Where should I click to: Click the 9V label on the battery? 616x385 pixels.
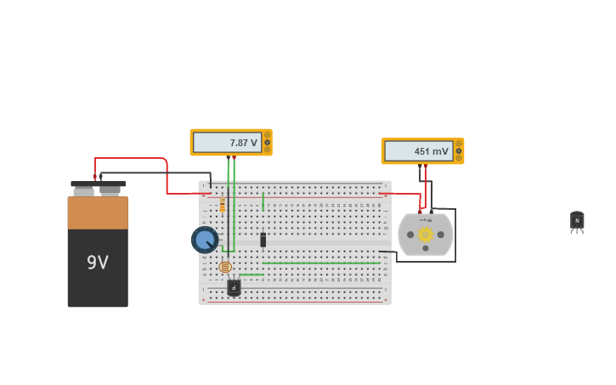[98, 263]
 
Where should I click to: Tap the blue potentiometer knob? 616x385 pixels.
[205, 240]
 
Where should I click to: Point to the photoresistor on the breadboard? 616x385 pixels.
[225, 267]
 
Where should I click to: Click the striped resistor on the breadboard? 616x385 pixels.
[223, 205]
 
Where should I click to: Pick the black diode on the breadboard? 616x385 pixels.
[263, 241]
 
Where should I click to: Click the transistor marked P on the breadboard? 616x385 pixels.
[234, 288]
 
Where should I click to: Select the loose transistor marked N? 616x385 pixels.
[577, 221]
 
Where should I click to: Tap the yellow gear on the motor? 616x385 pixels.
[426, 235]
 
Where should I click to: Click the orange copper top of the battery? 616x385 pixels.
[98, 212]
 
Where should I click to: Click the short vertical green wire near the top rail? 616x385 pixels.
[263, 201]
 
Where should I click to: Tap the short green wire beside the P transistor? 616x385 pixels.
[252, 275]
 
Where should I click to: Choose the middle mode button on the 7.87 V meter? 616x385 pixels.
[267, 142]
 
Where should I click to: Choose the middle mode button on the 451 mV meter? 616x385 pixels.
[459, 150]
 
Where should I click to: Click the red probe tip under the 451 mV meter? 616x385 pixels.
[420, 167]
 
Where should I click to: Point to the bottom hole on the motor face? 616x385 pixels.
[426, 248]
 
